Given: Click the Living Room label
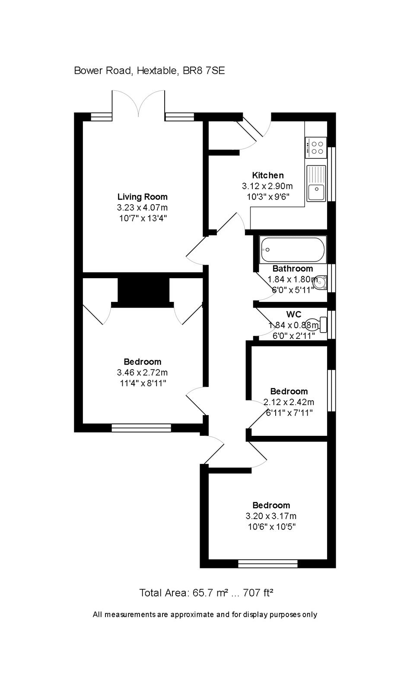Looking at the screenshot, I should [x=142, y=197].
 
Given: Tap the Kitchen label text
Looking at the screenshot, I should [x=267, y=175].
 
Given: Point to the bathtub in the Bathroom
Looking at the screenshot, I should [x=293, y=250].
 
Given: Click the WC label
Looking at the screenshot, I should [x=293, y=314].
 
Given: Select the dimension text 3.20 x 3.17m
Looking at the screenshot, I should [x=271, y=516].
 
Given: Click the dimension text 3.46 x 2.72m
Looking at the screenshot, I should [x=142, y=372].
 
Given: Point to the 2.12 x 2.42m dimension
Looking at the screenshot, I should [x=289, y=402].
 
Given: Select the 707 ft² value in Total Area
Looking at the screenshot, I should [x=258, y=593].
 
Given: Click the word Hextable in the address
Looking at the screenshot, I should [x=156, y=70].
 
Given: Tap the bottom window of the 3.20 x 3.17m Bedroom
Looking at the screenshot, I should [x=268, y=563].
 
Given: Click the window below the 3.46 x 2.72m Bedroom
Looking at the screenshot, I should [x=141, y=428].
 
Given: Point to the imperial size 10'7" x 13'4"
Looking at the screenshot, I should [x=143, y=218].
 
